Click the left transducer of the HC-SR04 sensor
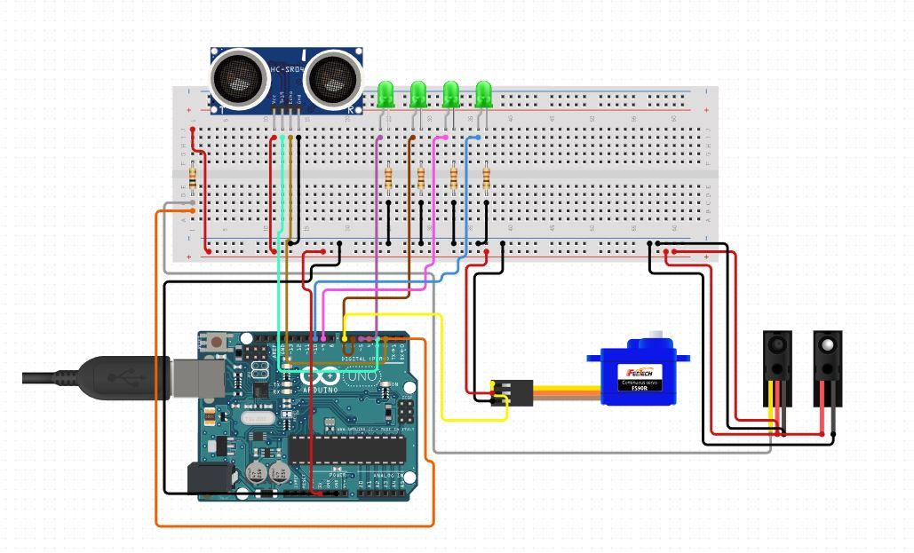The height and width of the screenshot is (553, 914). coord(240,78)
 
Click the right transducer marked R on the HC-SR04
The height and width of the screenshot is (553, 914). coord(334,78)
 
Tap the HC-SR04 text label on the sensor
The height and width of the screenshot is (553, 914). coord(287,69)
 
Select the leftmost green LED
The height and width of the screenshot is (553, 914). coord(385,93)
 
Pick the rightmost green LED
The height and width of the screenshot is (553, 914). coord(483,93)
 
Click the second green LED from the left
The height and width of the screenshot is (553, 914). coord(418,93)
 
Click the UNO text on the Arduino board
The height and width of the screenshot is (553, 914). coord(361,377)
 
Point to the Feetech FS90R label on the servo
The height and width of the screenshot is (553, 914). coord(641,378)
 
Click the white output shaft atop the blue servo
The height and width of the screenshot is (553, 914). coord(656,336)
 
